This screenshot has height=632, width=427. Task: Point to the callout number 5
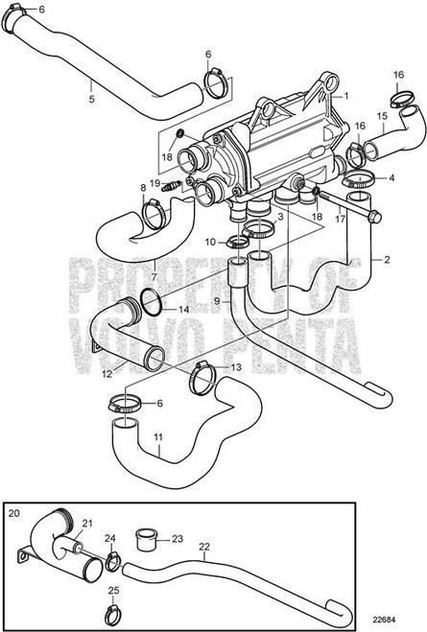(x=90, y=98)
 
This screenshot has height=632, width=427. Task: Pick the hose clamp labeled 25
(x=113, y=603)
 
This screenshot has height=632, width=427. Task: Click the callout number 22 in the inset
(x=203, y=547)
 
